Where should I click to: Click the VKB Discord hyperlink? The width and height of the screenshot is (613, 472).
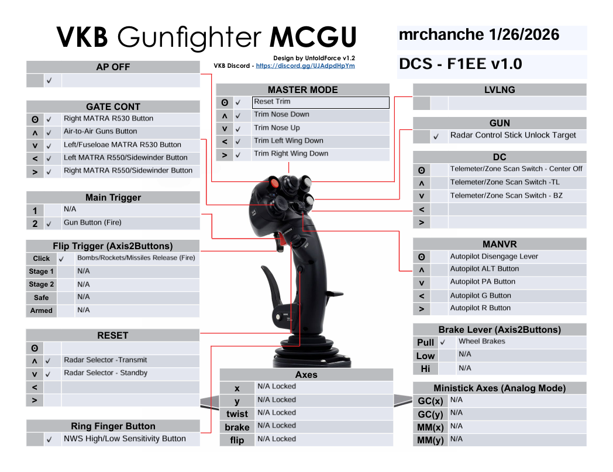click(x=305, y=66)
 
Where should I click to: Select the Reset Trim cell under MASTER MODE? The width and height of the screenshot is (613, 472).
click(x=321, y=102)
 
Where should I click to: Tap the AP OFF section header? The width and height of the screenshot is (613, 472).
click(x=113, y=67)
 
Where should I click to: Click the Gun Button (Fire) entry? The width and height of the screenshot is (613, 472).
click(x=92, y=222)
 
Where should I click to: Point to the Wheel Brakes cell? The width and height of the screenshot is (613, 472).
click(x=481, y=342)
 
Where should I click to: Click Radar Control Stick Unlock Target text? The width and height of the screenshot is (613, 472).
click(x=513, y=135)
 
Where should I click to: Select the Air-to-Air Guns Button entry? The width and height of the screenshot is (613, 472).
click(x=101, y=132)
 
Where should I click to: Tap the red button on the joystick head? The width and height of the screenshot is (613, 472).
click(x=274, y=183)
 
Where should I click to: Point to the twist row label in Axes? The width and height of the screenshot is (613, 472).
click(x=237, y=414)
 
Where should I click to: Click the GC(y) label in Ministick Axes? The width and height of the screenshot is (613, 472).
click(x=431, y=414)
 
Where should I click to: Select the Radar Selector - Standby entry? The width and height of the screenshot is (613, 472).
click(x=105, y=373)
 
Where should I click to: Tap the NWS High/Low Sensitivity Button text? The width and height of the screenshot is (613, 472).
click(x=125, y=439)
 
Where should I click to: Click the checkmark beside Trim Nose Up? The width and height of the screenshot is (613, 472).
click(x=237, y=129)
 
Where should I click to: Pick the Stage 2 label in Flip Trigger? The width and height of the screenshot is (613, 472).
click(x=42, y=284)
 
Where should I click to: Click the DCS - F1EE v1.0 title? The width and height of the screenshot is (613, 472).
click(x=460, y=64)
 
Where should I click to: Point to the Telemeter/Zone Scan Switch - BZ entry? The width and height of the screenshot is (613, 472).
click(x=507, y=195)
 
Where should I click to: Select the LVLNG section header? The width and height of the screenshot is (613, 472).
click(x=500, y=89)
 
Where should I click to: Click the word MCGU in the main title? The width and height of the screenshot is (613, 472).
click(x=313, y=37)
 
